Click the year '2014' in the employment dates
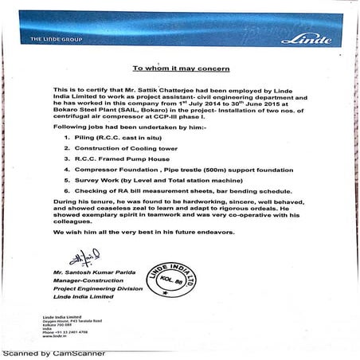(x=223, y=104)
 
